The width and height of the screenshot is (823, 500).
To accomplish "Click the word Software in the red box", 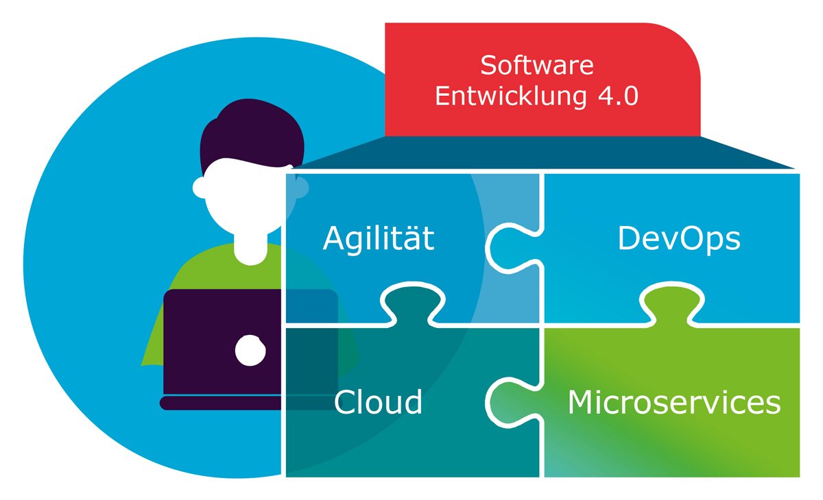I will pos(536,66).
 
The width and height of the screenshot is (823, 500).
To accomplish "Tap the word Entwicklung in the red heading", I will pos(505,97).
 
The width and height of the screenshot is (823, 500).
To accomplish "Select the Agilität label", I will pos(379,239).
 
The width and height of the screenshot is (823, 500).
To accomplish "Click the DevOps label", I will pos(679,239).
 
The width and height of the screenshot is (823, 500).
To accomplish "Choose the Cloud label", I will pos(378,402).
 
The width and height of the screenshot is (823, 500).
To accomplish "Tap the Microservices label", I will pos(674,403).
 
